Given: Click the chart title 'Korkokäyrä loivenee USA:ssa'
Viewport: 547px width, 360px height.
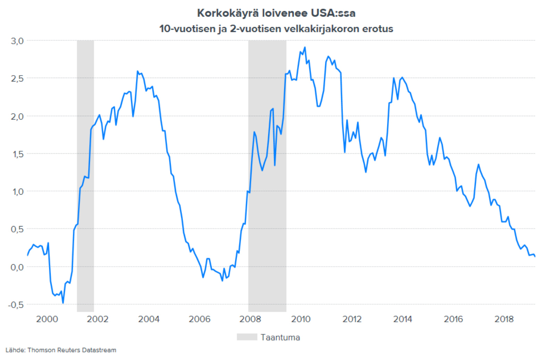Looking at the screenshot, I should pyautogui.click(x=276, y=13).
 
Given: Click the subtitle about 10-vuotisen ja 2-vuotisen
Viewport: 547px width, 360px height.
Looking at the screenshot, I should pyautogui.click(x=276, y=28).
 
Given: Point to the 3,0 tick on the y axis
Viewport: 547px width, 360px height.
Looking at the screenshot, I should pyautogui.click(x=17, y=41).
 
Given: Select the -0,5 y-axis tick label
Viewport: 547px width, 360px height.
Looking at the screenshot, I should pyautogui.click(x=16, y=305).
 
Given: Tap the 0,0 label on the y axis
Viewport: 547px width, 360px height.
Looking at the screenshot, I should pyautogui.click(x=17, y=267).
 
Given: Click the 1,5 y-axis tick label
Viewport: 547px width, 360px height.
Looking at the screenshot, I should pyautogui.click(x=17, y=154).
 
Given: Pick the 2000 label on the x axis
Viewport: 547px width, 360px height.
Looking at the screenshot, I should pyautogui.click(x=47, y=319).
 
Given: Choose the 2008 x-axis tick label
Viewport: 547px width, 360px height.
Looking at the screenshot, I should pyautogui.click(x=250, y=319).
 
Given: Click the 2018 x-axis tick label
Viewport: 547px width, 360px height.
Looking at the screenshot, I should pyautogui.click(x=504, y=319).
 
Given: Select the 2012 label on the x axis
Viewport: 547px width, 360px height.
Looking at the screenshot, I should pyautogui.click(x=352, y=319).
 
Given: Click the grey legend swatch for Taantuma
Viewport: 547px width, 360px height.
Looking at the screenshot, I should pyautogui.click(x=247, y=337).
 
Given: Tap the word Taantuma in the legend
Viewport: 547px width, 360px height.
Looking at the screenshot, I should pyautogui.click(x=280, y=337).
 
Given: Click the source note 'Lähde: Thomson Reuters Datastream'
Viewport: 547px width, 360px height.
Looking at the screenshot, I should pyautogui.click(x=61, y=350).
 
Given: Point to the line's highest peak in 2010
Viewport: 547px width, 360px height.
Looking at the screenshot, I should pyautogui.click(x=305, y=47).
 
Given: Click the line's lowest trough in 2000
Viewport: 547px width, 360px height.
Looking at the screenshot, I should pyautogui.click(x=63, y=303).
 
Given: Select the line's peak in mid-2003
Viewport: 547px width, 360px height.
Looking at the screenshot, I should pyautogui.click(x=137, y=71).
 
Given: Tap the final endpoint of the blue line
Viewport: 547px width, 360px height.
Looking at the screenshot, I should pyautogui.click(x=535, y=257).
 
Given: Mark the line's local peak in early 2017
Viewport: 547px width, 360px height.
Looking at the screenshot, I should pyautogui.click(x=478, y=164).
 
